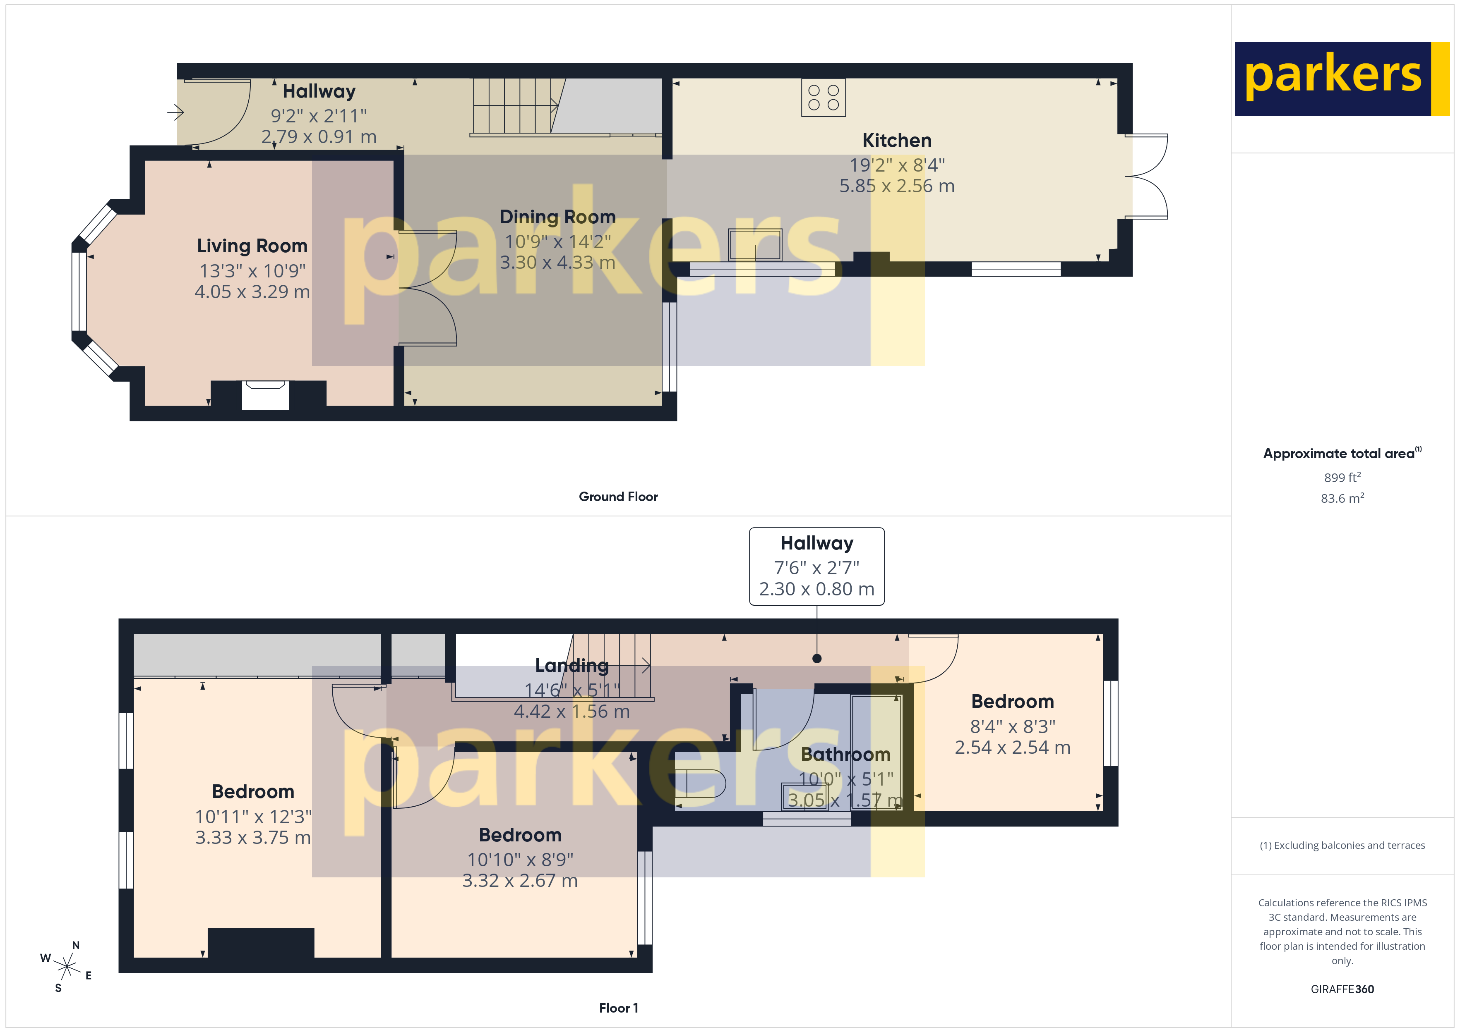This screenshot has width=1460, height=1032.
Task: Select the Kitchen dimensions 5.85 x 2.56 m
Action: [x=897, y=186]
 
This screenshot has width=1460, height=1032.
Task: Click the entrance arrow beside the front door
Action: [x=175, y=112]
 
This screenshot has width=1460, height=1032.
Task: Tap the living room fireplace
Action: [x=265, y=394]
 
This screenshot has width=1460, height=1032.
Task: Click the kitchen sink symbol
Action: [x=755, y=245]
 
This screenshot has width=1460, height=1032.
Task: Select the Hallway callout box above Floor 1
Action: [x=816, y=566]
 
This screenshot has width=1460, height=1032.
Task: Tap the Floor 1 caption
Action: [x=618, y=1008]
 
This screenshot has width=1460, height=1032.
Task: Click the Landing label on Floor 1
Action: [x=571, y=665]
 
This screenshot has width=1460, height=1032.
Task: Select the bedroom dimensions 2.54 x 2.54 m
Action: [x=1012, y=747]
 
